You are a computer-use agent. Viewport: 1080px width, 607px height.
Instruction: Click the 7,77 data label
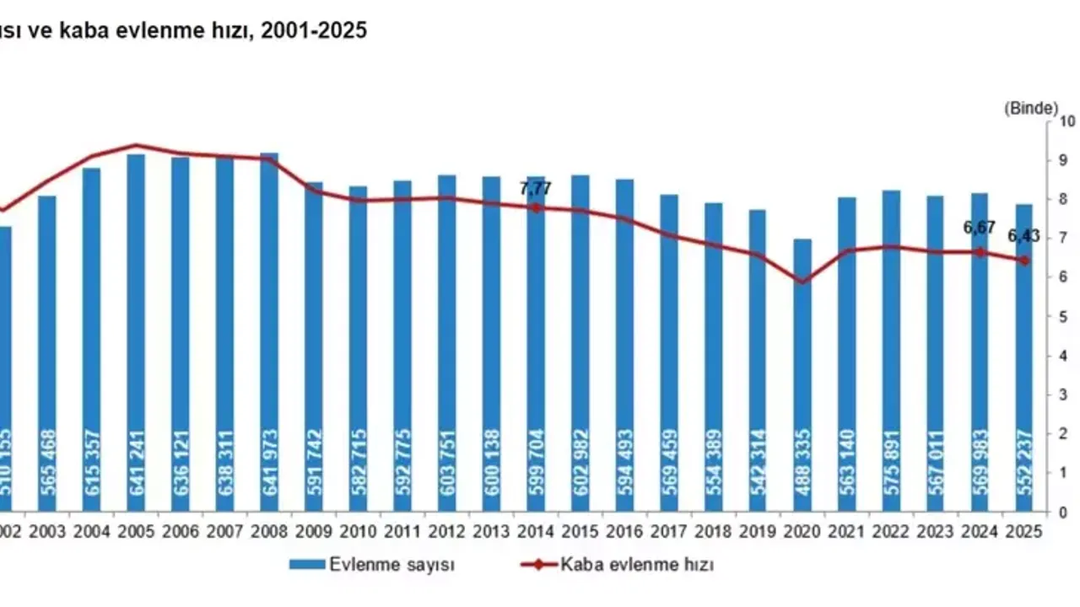536,189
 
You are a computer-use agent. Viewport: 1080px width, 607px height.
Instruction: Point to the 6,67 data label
980,228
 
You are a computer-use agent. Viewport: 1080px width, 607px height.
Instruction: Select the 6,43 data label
1024,236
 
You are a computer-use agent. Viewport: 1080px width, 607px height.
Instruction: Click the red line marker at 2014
536,207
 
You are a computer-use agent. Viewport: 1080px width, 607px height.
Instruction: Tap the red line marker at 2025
1024,261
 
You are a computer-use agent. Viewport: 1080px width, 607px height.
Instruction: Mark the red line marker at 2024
980,251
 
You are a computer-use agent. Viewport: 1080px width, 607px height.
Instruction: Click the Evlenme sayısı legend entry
371,565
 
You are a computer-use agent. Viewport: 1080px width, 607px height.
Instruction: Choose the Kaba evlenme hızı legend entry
617,565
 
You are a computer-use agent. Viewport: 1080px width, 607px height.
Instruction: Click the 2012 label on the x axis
447,532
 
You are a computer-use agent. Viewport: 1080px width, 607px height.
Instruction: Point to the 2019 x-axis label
758,532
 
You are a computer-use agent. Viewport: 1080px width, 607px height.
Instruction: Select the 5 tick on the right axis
1063,316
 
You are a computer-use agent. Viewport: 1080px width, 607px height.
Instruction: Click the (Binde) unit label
1030,108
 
